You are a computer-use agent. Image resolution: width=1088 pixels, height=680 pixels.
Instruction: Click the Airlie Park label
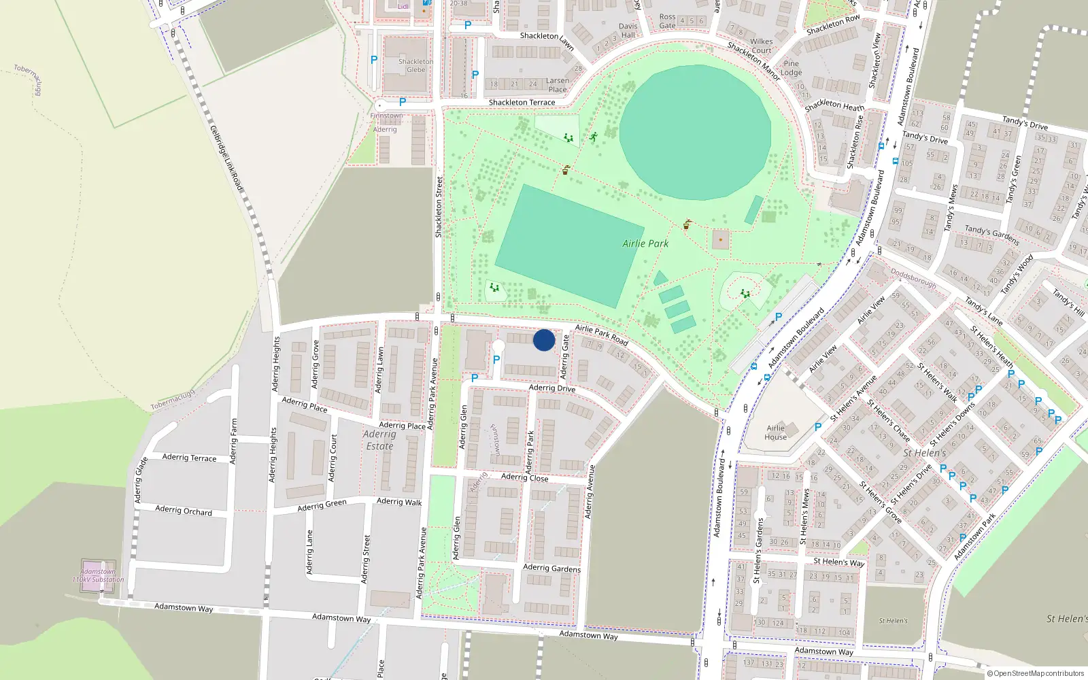click(x=645, y=243)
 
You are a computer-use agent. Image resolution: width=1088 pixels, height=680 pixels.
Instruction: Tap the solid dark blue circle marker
click(x=544, y=340)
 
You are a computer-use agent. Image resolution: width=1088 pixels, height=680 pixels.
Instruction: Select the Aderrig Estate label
click(x=379, y=440)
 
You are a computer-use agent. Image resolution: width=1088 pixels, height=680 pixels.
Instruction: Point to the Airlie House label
click(x=776, y=432)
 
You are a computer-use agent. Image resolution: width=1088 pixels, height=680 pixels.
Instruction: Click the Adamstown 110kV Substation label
click(x=99, y=576)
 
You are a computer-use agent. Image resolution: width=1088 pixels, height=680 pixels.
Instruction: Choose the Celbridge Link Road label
click(x=226, y=158)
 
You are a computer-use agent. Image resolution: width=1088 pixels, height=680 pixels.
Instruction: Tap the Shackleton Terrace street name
click(x=522, y=103)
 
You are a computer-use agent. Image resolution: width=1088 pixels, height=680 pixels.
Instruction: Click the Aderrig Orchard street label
click(x=184, y=510)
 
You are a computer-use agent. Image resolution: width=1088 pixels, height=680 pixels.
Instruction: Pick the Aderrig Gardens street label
click(x=551, y=568)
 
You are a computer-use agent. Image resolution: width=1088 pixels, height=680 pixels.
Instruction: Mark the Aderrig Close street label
click(x=524, y=477)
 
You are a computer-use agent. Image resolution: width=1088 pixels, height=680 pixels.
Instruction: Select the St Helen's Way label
click(x=839, y=562)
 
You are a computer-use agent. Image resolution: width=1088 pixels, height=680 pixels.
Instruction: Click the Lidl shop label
click(x=403, y=6)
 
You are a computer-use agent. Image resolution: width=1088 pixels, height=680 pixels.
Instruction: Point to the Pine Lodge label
click(x=791, y=68)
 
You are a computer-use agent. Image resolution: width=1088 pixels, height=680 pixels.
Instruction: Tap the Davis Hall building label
click(x=628, y=31)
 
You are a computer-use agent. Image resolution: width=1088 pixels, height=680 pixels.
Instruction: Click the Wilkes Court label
click(x=762, y=46)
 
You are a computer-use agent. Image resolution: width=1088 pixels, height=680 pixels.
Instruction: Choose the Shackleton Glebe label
click(x=415, y=65)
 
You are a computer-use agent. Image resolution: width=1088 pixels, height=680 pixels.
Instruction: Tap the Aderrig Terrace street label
click(x=189, y=458)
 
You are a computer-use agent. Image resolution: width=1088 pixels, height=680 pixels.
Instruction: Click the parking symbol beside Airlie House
click(x=818, y=427)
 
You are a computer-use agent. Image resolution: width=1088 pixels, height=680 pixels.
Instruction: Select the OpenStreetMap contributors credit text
click(x=1036, y=673)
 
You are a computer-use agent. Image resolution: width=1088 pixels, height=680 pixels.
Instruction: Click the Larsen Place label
click(x=558, y=85)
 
